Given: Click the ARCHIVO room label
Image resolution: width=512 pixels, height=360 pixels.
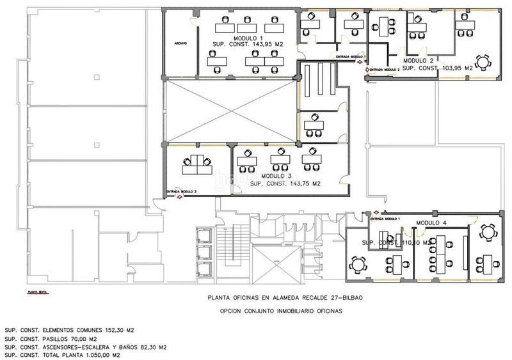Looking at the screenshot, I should (180, 43).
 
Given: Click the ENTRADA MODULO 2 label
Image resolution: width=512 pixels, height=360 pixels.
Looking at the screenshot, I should (385, 70).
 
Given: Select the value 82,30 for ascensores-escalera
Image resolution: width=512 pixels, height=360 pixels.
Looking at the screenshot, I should (147, 347).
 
